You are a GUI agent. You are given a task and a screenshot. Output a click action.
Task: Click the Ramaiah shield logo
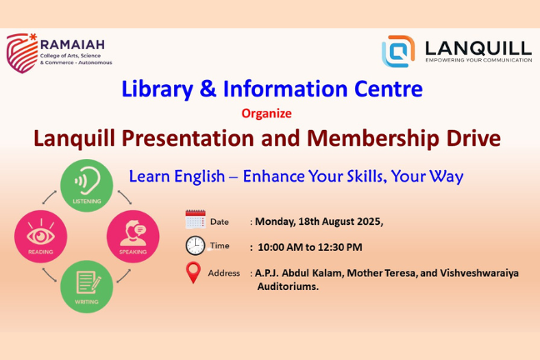[22, 53]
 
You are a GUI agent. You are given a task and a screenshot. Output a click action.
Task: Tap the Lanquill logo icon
[398, 51]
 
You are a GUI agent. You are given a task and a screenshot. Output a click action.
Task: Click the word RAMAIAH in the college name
[72, 45]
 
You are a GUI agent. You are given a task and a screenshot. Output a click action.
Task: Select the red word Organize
[267, 113]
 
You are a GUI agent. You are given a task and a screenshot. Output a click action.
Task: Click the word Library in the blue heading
[157, 89]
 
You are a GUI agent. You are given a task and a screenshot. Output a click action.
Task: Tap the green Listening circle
[87, 185]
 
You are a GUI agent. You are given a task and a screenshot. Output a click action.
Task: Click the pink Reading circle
[41, 237]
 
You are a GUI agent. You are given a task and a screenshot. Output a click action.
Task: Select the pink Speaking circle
[133, 237]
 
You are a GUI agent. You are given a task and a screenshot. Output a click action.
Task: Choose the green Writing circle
[87, 287]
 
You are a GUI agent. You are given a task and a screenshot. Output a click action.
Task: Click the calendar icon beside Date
[195, 219]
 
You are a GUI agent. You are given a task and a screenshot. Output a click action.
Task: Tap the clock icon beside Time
[195, 246]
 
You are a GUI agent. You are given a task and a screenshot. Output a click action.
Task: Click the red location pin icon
[193, 272]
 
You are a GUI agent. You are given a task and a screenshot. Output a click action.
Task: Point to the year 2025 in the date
[369, 222]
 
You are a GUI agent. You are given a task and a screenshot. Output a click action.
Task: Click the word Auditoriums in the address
[287, 287]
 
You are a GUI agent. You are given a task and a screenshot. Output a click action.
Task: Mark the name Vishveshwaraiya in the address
[479, 273]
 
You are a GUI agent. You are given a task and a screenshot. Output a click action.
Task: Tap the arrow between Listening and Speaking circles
[124, 197]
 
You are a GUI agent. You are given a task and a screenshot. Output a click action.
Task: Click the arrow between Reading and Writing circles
[50, 275]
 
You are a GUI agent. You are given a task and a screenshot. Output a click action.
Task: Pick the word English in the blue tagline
[199, 177]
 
